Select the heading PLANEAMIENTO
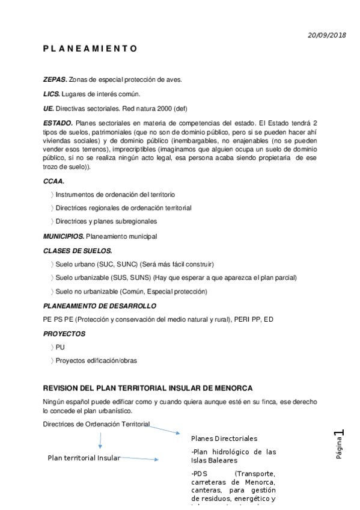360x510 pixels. (90, 49)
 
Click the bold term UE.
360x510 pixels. (48, 109)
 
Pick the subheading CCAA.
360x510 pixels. (54, 181)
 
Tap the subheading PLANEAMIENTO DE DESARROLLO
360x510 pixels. (99, 306)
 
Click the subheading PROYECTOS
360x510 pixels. (64, 334)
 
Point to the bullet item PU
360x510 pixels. (60, 348)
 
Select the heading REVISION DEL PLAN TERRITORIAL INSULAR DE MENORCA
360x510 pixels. (148, 388)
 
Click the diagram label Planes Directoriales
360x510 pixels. (224, 438)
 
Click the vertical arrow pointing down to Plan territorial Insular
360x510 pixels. (100, 441)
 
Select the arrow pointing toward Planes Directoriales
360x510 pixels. (164, 428)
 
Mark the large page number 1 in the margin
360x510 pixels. (340, 434)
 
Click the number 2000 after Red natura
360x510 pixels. (162, 109)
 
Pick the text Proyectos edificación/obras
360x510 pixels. (96, 361)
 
